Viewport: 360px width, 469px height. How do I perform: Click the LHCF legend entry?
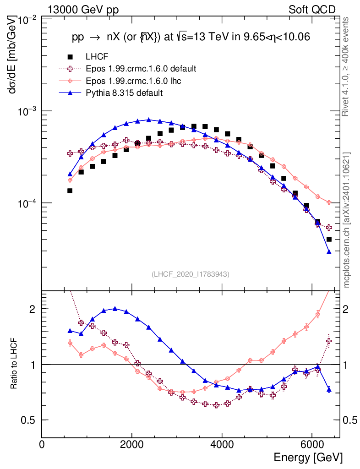pos(96,57)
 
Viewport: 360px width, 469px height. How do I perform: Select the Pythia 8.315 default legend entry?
pos(124,93)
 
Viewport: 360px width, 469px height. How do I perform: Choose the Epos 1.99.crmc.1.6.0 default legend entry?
pos(141,69)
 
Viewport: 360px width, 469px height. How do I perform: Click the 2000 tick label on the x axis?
pos(132,445)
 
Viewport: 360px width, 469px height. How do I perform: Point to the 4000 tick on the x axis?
pos(222,445)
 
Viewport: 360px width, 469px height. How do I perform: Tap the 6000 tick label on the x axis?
pos(311,445)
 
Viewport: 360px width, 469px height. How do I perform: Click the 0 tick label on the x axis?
pos(42,445)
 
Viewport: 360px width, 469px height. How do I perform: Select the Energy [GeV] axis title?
pos(308,457)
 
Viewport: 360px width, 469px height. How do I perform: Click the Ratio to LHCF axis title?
pos(15,365)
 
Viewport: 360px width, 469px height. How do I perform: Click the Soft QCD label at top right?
pos(312,10)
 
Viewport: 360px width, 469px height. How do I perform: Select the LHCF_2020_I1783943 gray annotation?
pos(191,274)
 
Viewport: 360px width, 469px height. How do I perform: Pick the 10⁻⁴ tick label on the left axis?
pos(28,203)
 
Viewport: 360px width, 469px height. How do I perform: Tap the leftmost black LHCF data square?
pos(70,191)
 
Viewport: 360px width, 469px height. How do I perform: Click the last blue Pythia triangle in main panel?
pos(329,251)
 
